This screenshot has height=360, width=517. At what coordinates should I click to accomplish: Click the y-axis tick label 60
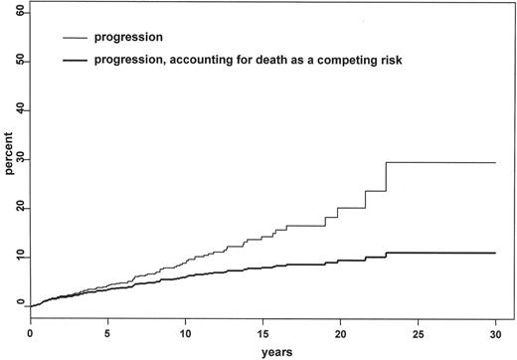click(x=20, y=13)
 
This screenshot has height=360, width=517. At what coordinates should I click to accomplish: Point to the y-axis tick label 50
click(x=20, y=62)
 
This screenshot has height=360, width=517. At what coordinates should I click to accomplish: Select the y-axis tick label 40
click(x=20, y=110)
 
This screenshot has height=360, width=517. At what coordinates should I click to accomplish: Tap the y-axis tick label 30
click(x=20, y=159)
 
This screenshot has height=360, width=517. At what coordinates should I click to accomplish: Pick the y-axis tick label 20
click(x=20, y=208)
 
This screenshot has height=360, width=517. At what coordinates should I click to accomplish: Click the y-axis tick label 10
click(x=20, y=257)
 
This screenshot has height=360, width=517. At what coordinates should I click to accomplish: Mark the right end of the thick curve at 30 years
click(x=494, y=253)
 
